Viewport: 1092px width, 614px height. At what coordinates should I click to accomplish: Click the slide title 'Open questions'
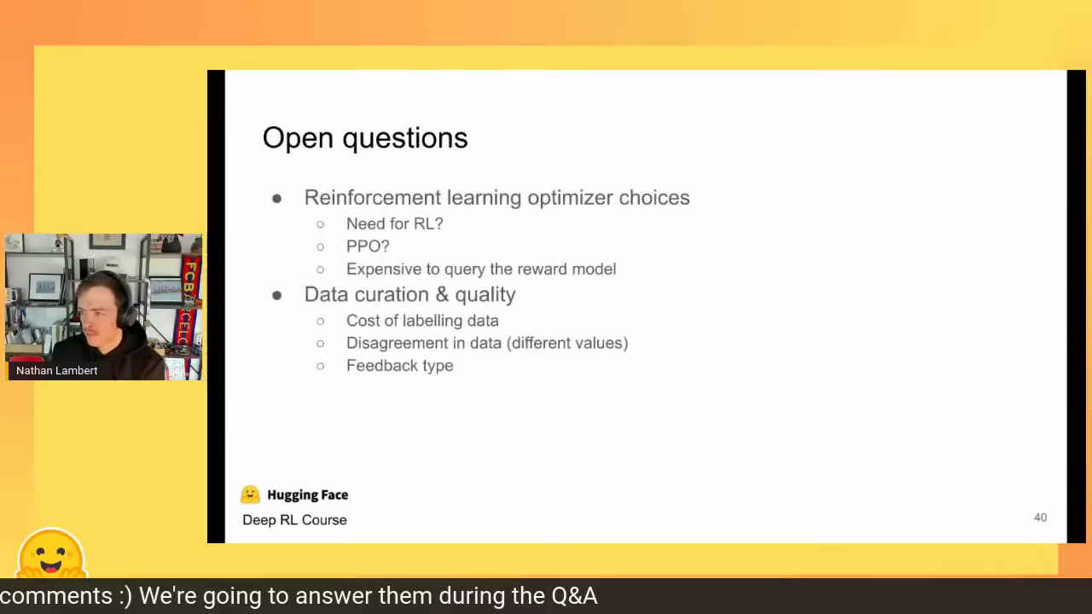[365, 138]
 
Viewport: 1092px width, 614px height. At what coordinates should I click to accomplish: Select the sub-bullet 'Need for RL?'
[394, 223]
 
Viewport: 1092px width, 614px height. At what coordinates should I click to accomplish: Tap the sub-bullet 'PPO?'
[368, 246]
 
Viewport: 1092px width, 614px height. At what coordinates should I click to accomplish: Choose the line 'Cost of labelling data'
[422, 321]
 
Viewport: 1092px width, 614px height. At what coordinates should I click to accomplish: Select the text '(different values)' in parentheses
[567, 343]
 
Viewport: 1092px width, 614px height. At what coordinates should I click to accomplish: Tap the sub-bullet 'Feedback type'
[400, 366]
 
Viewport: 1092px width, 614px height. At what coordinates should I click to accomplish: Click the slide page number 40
[1040, 518]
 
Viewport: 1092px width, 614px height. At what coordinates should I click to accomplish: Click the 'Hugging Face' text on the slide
[308, 495]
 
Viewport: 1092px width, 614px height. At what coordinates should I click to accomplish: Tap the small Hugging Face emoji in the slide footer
[250, 495]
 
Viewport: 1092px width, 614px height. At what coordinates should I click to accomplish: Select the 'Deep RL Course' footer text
[294, 520]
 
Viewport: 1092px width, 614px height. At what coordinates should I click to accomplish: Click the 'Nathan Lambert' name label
[56, 370]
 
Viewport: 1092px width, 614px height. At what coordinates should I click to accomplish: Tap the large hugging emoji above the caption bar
[52, 553]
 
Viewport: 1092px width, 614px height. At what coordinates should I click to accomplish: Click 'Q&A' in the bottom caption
[574, 596]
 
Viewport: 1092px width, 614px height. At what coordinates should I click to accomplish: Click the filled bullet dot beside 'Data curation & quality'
[277, 295]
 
